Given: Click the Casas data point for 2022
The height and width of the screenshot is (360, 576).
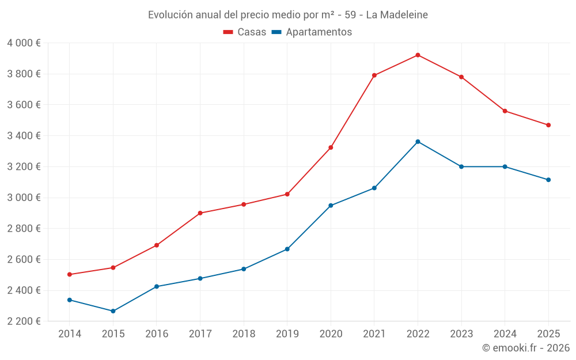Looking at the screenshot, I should [418, 55].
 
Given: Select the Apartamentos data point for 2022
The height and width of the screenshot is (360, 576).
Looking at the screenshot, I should [418, 142].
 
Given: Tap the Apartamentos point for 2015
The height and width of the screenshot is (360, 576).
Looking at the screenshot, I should [113, 311].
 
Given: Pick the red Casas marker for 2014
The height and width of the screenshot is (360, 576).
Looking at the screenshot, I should [70, 275].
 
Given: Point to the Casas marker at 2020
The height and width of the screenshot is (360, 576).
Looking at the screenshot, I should [331, 147].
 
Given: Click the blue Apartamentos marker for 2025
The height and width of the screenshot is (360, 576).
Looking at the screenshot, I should [548, 180].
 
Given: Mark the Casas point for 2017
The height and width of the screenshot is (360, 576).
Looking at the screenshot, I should [200, 213].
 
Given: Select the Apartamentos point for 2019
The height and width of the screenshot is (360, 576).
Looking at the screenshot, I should [287, 249].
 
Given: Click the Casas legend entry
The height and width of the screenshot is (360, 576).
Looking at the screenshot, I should [245, 32].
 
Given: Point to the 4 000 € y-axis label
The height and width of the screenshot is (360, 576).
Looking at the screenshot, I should [24, 43].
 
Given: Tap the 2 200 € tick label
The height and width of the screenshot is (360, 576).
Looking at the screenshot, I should [24, 321].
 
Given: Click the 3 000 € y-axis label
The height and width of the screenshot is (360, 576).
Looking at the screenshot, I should [24, 198].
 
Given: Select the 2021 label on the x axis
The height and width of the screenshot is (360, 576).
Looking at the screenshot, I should [374, 334].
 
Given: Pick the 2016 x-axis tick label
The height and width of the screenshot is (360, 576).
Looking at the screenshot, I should [157, 334].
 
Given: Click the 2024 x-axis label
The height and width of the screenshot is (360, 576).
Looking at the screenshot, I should [505, 334].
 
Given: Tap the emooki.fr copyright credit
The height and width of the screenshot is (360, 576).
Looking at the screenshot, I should [526, 348].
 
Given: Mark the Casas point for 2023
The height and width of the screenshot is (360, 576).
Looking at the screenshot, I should [461, 77].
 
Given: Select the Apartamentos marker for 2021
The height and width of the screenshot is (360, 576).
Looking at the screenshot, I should [374, 188].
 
